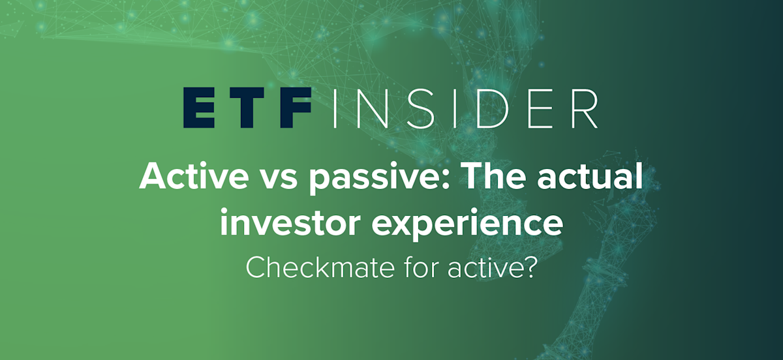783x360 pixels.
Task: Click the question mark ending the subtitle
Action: [529, 267]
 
